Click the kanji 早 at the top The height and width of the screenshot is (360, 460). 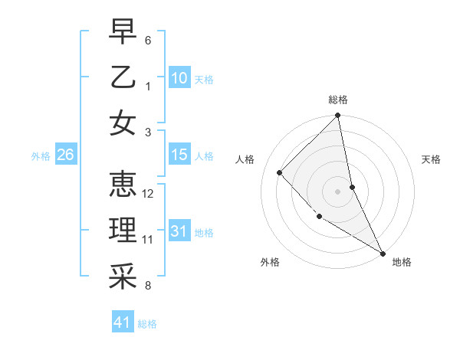click(x=123, y=31)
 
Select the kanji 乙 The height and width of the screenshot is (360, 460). click(x=123, y=77)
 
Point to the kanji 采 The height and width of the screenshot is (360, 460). click(x=123, y=277)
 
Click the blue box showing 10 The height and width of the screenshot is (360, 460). click(x=179, y=77)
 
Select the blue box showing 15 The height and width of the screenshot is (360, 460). click(x=179, y=155)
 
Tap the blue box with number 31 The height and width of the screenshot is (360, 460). click(x=179, y=231)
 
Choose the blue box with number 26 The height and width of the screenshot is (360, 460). click(x=65, y=155)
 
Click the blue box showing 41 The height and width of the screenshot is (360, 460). click(x=123, y=322)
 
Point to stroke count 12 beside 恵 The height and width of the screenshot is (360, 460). click(x=149, y=194)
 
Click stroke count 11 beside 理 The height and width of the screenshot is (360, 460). click(x=148, y=240)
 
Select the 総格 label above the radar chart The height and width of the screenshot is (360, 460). click(x=338, y=100)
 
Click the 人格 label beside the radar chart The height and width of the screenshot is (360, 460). click(x=245, y=159)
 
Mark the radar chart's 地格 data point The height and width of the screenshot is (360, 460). click(x=383, y=253)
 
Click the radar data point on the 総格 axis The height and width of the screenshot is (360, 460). click(x=337, y=116)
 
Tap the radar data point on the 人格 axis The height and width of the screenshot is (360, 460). click(x=280, y=172)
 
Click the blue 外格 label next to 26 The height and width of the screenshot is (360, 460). click(x=41, y=155)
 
